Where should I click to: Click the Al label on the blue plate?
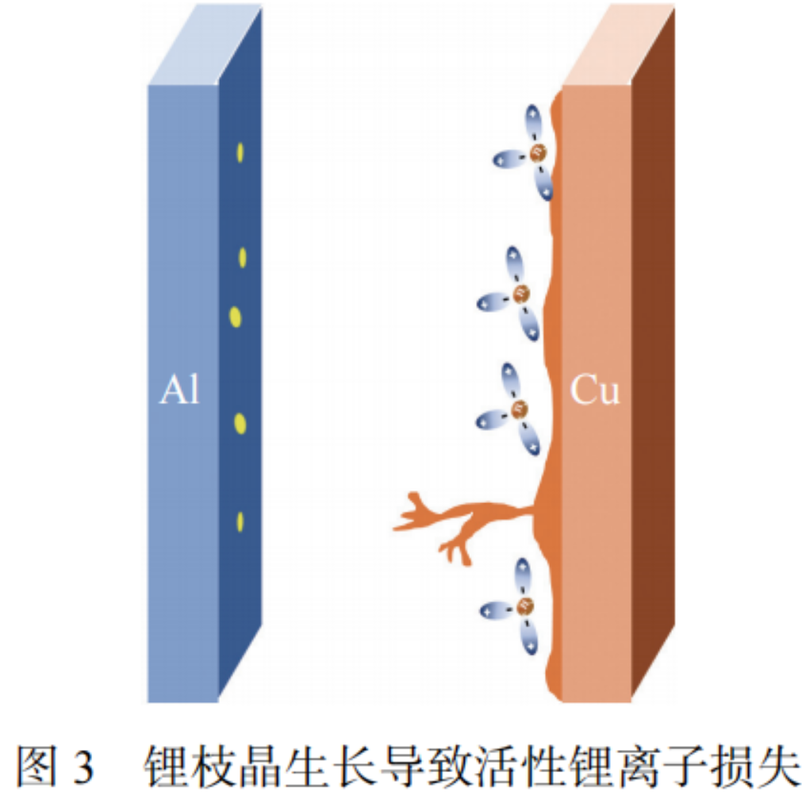point(179,391)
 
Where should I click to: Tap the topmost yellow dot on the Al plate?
point(240,152)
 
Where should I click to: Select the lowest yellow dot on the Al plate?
point(240,521)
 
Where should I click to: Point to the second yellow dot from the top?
point(242,257)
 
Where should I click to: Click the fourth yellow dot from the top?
point(240,424)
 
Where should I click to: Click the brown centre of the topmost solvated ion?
point(539,152)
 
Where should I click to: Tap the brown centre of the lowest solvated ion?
point(524,607)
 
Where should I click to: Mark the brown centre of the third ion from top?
point(520,409)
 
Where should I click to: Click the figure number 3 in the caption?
point(84,765)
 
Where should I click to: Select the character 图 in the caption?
point(36,765)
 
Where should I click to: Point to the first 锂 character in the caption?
point(163,765)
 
